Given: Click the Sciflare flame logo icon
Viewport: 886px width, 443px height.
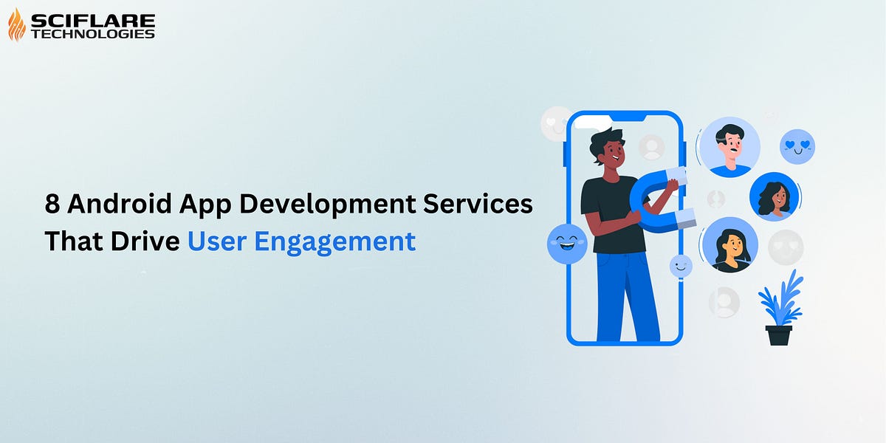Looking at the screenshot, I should (x=16, y=25).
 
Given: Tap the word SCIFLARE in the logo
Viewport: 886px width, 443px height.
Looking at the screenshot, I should (x=92, y=19).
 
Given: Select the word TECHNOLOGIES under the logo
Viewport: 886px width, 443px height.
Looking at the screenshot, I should (x=92, y=33).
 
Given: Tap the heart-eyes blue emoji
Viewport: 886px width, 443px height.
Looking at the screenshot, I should (x=797, y=147).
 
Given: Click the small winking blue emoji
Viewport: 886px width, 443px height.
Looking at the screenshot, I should (x=681, y=267).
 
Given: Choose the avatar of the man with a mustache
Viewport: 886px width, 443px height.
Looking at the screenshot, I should (x=729, y=147).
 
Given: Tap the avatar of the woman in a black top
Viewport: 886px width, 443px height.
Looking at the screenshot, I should (x=729, y=245).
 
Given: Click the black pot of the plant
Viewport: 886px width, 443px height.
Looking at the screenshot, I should (x=778, y=334).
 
